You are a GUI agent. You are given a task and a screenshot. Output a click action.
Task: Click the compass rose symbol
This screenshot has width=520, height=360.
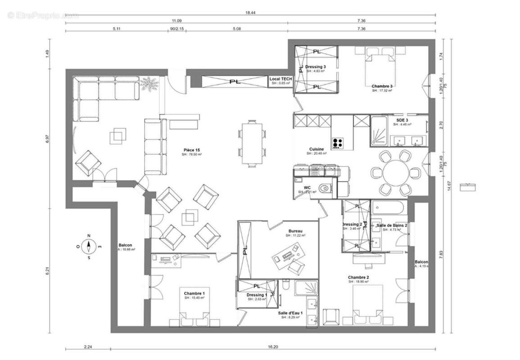tap(89, 247)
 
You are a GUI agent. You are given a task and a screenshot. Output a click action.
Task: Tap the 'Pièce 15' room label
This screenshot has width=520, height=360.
tap(192, 150)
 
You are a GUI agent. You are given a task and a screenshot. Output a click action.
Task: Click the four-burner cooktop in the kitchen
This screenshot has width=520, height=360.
tap(338, 143)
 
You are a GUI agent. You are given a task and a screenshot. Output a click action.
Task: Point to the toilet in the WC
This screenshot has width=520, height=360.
tap(323, 188)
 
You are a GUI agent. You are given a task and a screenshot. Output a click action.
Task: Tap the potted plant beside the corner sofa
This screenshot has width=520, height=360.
tap(148, 84)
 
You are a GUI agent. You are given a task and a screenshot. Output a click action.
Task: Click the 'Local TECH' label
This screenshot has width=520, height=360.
tap(281, 79)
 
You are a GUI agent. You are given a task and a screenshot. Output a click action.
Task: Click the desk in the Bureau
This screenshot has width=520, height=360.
tap(286, 254)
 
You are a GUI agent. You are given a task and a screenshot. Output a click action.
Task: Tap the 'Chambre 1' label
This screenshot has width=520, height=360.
tap(194, 293)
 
